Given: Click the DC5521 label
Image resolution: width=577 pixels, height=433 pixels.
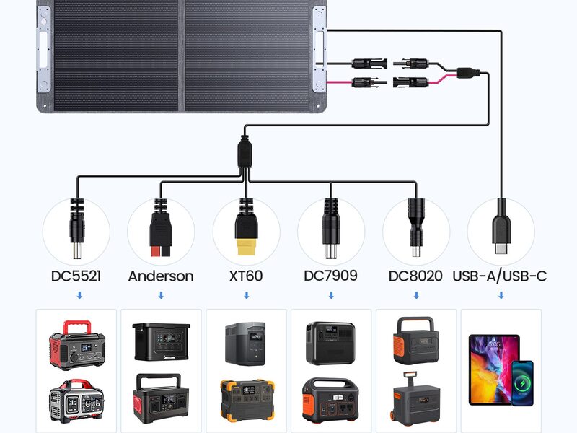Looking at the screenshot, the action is (x=76, y=276).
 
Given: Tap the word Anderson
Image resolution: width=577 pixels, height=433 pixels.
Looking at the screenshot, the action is (x=161, y=276).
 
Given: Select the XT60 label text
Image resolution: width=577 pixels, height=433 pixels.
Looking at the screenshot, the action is (x=246, y=276).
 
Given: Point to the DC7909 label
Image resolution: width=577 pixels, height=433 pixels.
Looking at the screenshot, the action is (x=330, y=276).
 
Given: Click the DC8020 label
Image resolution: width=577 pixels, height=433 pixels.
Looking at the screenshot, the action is (x=415, y=276).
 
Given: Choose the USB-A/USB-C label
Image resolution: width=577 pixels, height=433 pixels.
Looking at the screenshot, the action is (x=500, y=276).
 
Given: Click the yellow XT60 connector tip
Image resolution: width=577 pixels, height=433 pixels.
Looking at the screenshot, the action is (x=246, y=247).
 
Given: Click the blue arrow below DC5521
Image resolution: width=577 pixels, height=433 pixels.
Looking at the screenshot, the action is (x=79, y=295).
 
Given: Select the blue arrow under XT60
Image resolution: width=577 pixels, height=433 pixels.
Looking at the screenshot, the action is (x=247, y=295).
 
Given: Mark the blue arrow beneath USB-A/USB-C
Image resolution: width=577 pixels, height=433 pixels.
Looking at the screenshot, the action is (x=501, y=295).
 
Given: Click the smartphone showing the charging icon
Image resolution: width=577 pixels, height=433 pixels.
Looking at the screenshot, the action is (x=522, y=383).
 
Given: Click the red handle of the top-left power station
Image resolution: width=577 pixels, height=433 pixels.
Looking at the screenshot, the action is (x=76, y=326).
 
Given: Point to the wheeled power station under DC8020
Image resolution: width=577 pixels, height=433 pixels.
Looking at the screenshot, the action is (x=415, y=400).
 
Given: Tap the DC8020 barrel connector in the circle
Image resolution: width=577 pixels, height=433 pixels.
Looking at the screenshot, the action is (x=416, y=227).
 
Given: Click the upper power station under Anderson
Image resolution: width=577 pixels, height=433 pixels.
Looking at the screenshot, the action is (x=161, y=341).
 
